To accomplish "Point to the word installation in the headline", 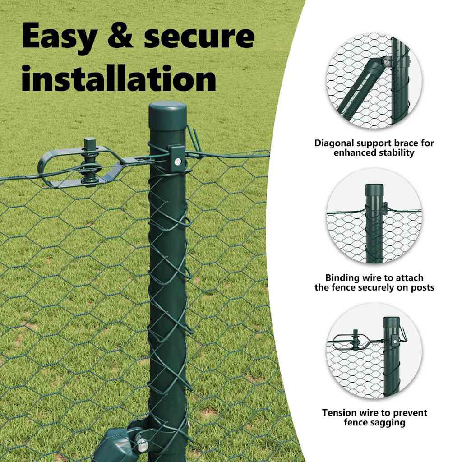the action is [x=119, y=78].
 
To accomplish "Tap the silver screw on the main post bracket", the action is [x=178, y=161].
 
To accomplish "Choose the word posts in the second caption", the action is [x=422, y=287].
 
